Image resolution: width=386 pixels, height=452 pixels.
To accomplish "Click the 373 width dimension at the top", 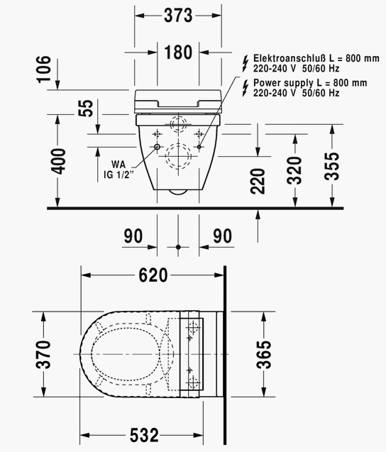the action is pyautogui.click(x=178, y=16).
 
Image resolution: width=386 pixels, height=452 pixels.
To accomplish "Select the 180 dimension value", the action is pyautogui.click(x=178, y=53).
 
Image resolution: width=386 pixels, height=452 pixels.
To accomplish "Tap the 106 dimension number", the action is pyautogui.click(x=44, y=70).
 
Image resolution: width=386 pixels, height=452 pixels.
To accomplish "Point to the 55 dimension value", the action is pyautogui.click(x=86, y=109).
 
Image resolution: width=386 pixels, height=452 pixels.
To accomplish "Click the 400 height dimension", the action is pyautogui.click(x=58, y=161).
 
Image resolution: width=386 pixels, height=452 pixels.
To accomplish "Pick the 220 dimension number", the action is pyautogui.click(x=258, y=181).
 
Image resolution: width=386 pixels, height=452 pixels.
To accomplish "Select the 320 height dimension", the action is pyautogui.click(x=294, y=170).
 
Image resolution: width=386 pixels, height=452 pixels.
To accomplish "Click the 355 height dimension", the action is pyautogui.click(x=332, y=166).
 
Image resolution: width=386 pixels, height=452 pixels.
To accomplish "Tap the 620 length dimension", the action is pyautogui.click(x=153, y=275).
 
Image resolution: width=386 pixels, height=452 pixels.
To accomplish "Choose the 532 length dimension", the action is pyautogui.click(x=144, y=435).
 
